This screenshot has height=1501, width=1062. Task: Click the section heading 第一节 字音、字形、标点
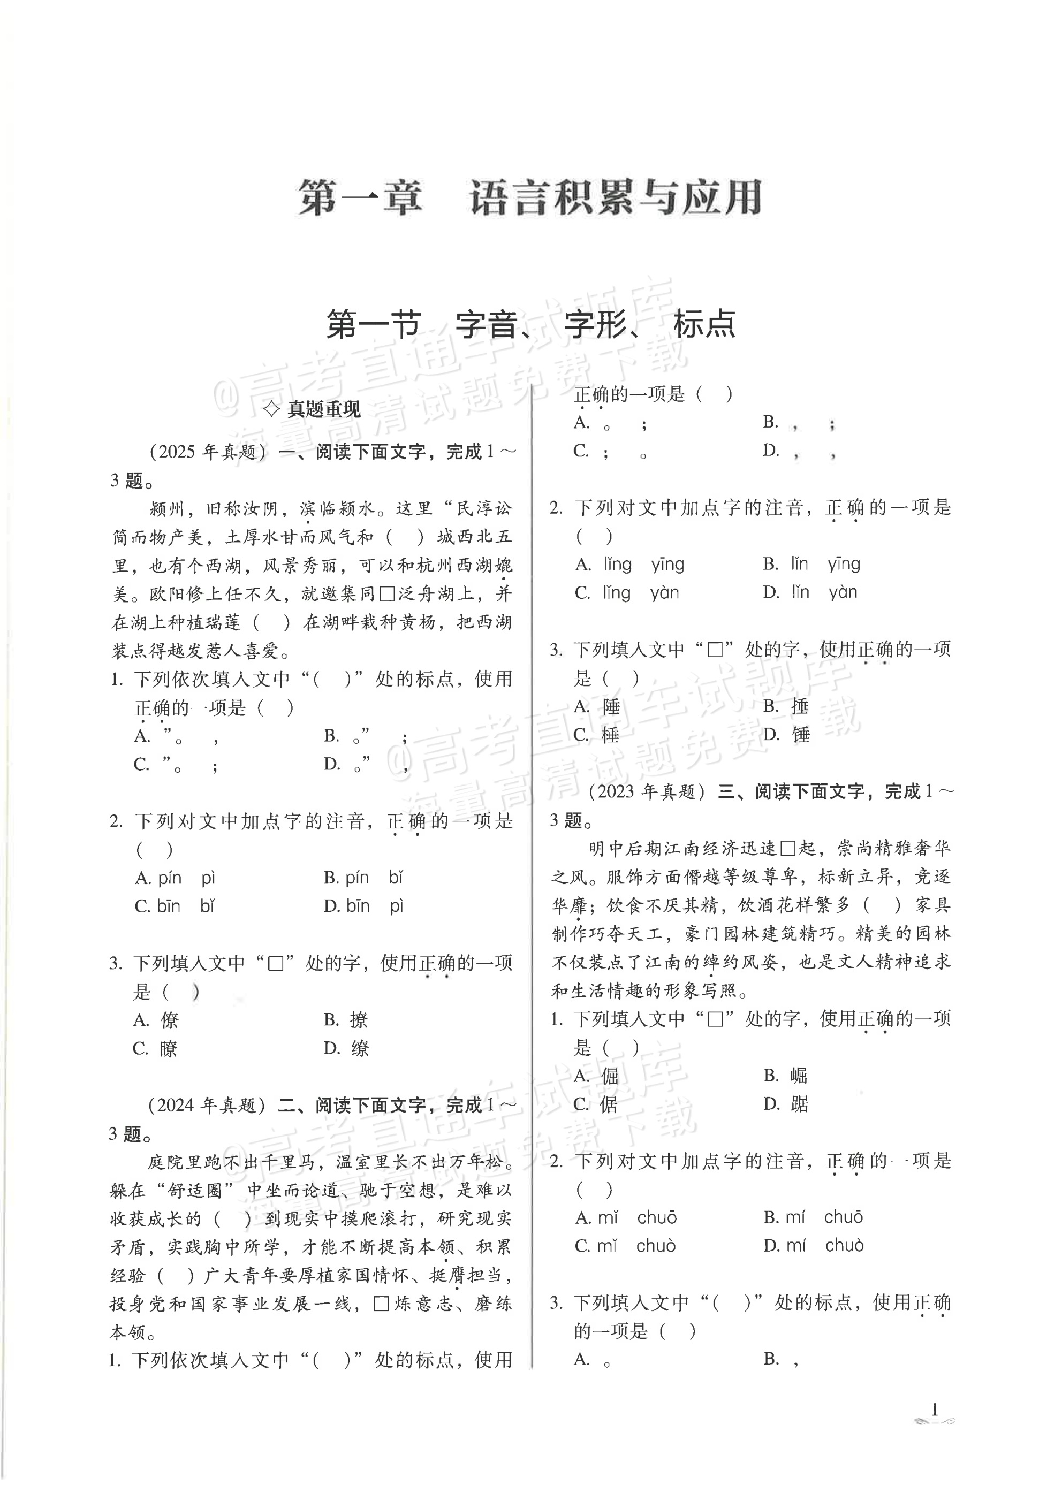(530, 324)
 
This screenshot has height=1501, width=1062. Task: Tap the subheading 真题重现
(313, 409)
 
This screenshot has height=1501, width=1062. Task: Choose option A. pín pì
(175, 878)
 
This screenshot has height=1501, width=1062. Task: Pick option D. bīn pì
(363, 906)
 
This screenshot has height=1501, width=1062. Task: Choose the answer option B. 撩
(346, 1020)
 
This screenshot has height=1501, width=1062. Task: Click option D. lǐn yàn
(809, 592)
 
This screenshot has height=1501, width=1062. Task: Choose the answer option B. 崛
(785, 1076)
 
